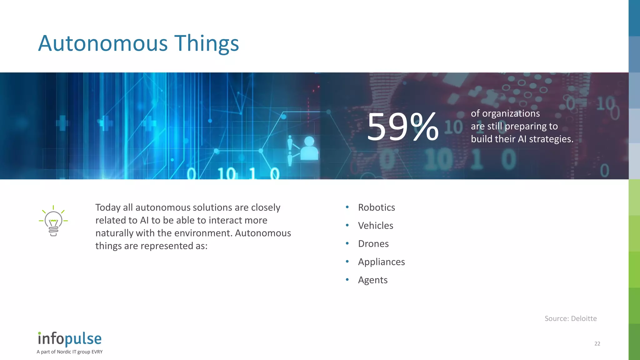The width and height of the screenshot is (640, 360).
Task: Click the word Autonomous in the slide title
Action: point(103,43)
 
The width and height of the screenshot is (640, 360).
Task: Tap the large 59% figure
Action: point(403,127)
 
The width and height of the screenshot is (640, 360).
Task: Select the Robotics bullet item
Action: point(376,207)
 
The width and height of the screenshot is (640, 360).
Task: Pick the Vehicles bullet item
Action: point(375,226)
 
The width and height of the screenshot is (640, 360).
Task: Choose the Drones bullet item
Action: point(373,244)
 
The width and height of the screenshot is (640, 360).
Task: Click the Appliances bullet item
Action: point(381,262)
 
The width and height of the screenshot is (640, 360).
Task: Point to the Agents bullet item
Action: point(372,280)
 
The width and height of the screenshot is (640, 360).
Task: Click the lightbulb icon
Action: point(53,221)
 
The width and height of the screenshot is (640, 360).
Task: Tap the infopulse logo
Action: point(70,339)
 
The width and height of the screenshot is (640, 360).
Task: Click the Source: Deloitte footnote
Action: point(571,318)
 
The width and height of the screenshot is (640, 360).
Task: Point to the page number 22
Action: point(597,344)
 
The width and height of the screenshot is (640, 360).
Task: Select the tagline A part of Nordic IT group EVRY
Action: point(69,352)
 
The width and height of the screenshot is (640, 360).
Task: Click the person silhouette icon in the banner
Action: point(309,148)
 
